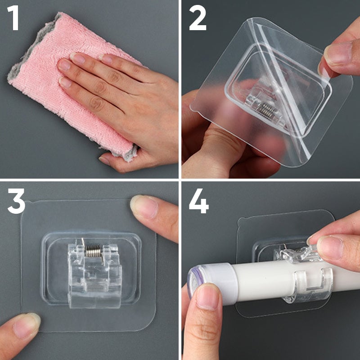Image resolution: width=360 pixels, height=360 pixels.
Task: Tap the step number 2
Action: click(x=198, y=18)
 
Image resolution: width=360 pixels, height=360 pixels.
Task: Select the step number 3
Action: click(x=16, y=201)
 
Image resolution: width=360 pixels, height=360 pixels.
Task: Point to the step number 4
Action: click(x=199, y=201)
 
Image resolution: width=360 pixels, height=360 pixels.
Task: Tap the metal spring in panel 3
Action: click(x=93, y=251)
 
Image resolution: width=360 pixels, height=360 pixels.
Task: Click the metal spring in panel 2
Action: click(x=268, y=109)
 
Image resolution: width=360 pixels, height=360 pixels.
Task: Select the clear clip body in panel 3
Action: click(x=94, y=274)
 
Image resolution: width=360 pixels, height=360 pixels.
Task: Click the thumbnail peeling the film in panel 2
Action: click(x=338, y=54)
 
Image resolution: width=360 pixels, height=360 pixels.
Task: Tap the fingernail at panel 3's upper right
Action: click(x=144, y=206)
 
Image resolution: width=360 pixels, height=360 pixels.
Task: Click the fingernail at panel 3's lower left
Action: click(x=27, y=326)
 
